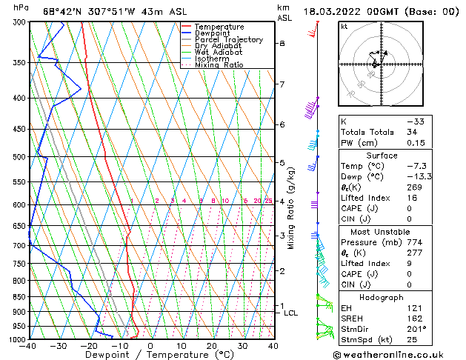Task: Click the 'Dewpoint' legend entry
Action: [213, 33]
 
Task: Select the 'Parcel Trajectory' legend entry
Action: [228, 40]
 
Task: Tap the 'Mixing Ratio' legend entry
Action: [219, 65]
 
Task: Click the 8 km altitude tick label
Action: [282, 44]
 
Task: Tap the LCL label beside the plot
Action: [291, 313]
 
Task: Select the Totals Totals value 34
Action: [433, 132]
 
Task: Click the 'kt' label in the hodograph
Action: [344, 27]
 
